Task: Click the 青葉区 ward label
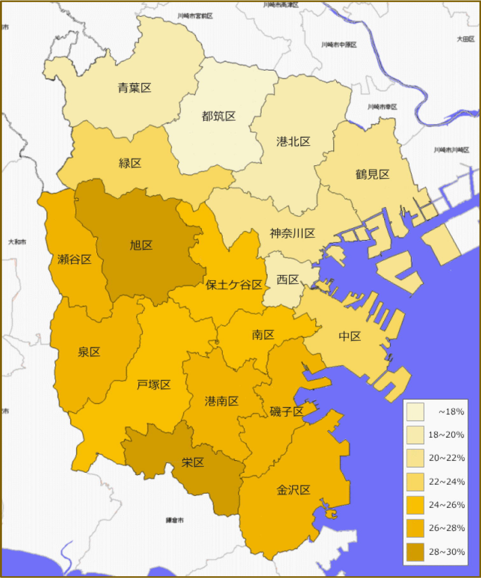tap(134, 88)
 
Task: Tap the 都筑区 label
tap(219, 116)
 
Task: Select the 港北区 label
tap(293, 141)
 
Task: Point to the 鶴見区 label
tap(372, 174)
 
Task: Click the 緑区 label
tap(130, 163)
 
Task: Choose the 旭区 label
tap(141, 245)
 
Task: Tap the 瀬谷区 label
tap(74, 259)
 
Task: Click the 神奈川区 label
tap(292, 233)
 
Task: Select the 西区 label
tap(288, 279)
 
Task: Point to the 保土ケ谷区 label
tap(234, 285)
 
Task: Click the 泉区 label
tap(89, 352)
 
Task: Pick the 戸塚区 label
tap(154, 384)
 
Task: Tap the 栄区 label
tap(193, 462)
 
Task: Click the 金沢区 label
tap(293, 490)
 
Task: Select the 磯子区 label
tap(286, 411)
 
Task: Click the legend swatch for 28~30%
tap(415, 552)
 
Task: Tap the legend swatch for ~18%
tap(415, 412)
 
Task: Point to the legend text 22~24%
tap(447, 482)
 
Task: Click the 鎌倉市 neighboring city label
tap(175, 520)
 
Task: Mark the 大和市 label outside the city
tap(17, 242)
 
